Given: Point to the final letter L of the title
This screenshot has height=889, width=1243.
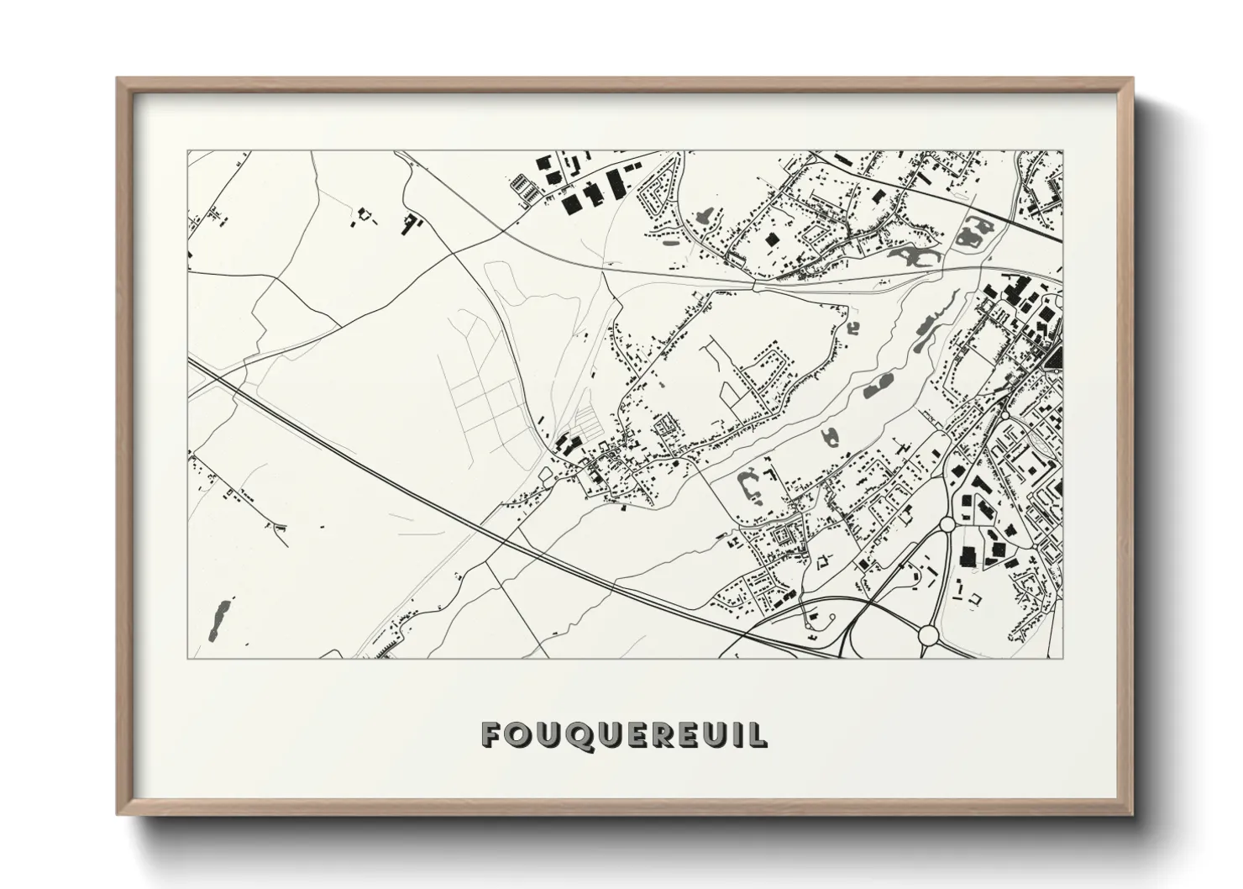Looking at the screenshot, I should click(x=758, y=735).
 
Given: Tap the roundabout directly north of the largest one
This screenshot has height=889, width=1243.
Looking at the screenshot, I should click(x=947, y=524).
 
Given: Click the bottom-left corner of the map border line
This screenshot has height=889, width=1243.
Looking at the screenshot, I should click(x=188, y=658).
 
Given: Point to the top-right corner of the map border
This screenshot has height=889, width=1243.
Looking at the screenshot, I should click(x=1062, y=151).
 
